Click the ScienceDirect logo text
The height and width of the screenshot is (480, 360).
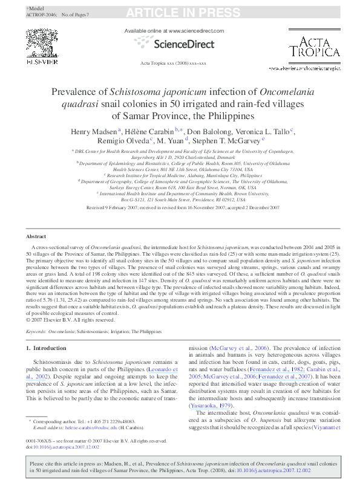click(x=184, y=44)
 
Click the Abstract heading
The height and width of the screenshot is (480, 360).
click(x=36, y=236)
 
